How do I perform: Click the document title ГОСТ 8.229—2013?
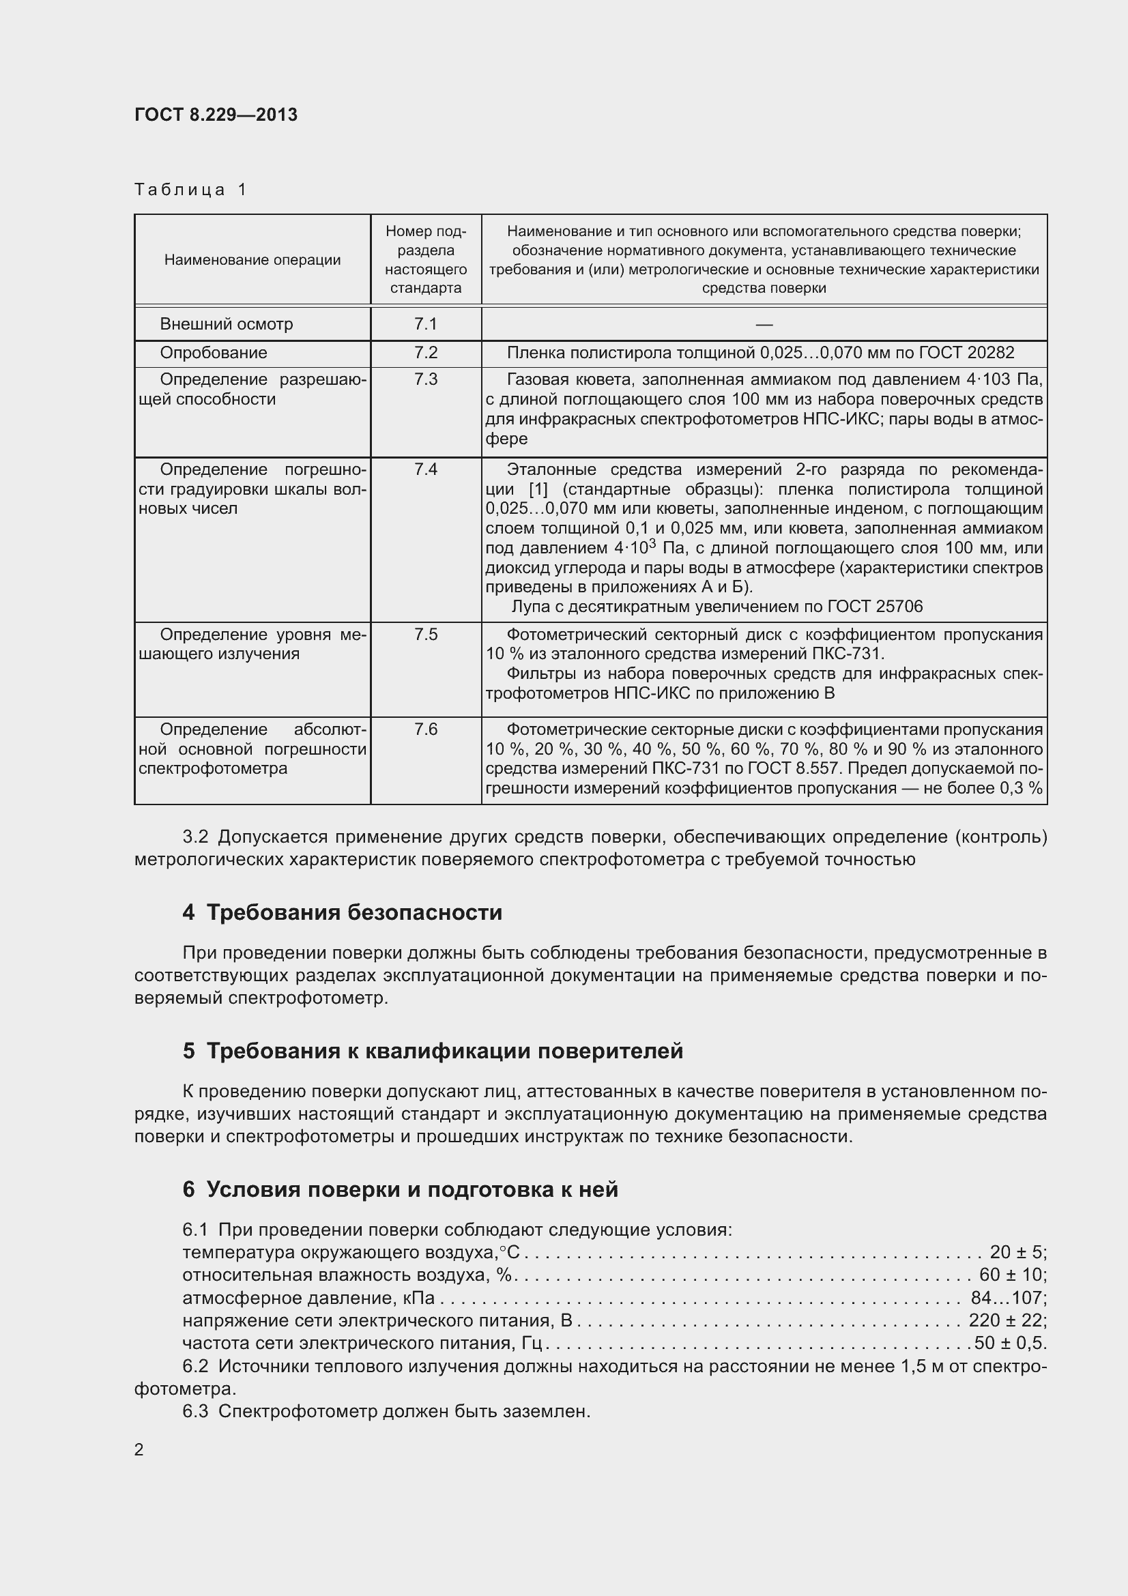[216, 115]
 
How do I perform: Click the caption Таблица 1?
[190, 190]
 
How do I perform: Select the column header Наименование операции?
[252, 260]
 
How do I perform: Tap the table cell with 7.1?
[425, 324]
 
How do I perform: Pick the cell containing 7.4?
[425, 470]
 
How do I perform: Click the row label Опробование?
[214, 353]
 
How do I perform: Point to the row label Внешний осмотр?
[227, 324]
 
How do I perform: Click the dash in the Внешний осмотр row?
[764, 325]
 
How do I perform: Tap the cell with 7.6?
[425, 729]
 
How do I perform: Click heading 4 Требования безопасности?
[342, 912]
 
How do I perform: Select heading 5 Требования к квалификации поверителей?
[432, 1051]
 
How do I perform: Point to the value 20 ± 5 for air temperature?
[1016, 1252]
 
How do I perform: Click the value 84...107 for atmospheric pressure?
[1007, 1298]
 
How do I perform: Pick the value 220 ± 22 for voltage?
[1007, 1320]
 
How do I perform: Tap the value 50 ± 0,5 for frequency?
[1009, 1343]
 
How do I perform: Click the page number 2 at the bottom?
[139, 1450]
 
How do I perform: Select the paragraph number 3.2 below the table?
[195, 837]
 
